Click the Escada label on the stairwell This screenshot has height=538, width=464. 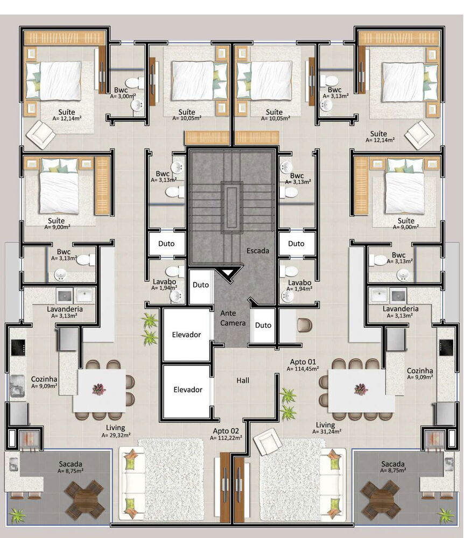tap(257, 251)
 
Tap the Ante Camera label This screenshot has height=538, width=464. tap(233, 318)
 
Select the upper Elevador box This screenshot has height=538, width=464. tap(186, 335)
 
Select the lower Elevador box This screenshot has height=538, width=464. tap(187, 390)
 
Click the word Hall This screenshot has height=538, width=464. tap(243, 380)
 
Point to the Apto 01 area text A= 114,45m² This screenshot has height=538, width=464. tap(303, 369)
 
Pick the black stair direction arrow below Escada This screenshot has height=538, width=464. tap(226, 275)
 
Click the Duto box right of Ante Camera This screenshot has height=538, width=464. tap(263, 325)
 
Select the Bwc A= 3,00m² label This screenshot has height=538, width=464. tap(123, 93)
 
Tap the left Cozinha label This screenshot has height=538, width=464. tap(44, 382)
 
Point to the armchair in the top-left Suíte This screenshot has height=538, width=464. tap(42, 134)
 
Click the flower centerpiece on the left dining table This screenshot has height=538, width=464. tap(99, 389)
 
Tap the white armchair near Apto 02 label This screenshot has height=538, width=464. tap(268, 443)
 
